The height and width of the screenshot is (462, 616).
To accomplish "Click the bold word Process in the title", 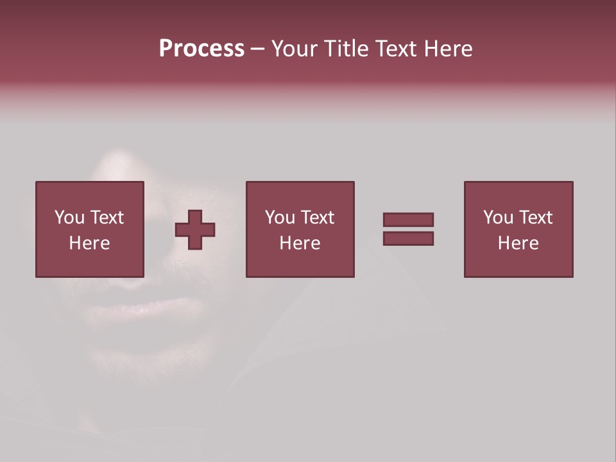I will point(201,49).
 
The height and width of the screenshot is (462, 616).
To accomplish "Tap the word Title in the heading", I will point(344,49).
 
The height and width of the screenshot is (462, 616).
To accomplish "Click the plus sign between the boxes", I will point(195,229).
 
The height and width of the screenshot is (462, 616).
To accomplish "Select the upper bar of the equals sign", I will point(408,220).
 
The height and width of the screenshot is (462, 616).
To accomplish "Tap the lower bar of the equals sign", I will point(408,238).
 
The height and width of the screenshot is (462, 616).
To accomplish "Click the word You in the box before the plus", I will point(69,218).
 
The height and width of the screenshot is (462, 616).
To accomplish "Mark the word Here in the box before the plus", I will point(89,243).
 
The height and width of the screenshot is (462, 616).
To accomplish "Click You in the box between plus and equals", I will point(280,218).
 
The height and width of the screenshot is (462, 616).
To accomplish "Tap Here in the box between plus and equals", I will point(300,243).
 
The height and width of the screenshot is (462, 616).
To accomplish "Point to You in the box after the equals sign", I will point(498,218).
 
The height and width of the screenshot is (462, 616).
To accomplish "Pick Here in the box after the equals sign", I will point(518,243).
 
